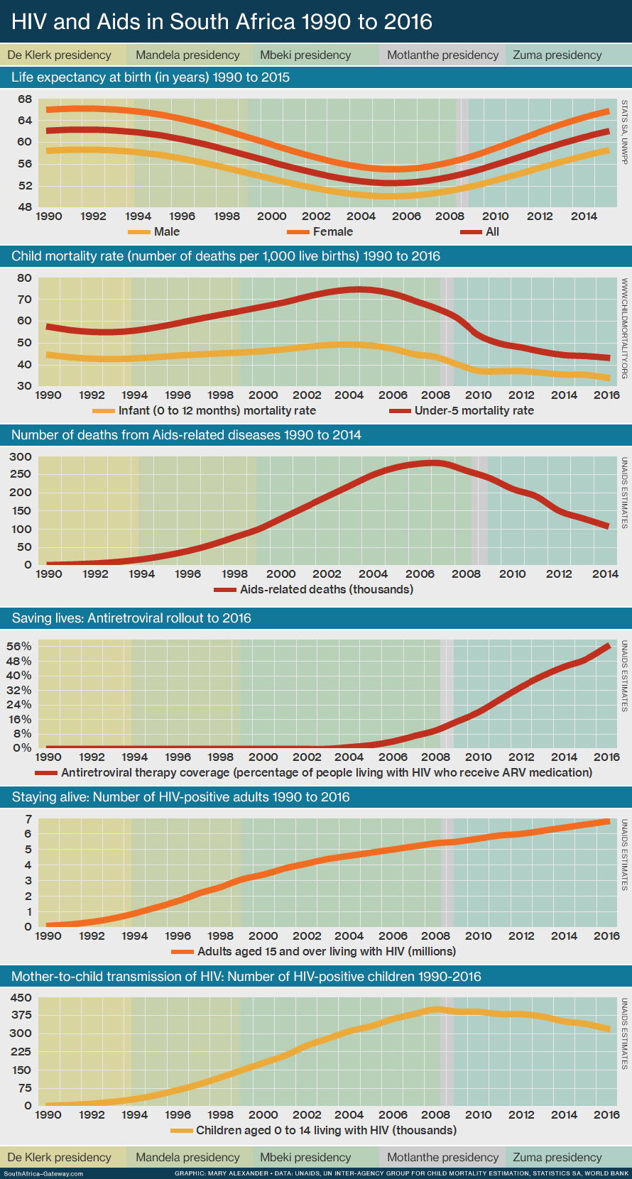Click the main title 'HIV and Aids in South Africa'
(x=222, y=21)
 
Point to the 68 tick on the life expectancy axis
(x=25, y=99)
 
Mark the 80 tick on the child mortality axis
(x=25, y=278)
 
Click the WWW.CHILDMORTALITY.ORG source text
(x=624, y=328)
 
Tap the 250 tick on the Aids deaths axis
(x=20, y=474)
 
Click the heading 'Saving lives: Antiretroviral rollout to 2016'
(x=131, y=618)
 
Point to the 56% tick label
(x=19, y=646)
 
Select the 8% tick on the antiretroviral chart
(x=22, y=733)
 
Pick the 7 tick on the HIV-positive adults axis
(x=28, y=818)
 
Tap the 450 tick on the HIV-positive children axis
(x=21, y=997)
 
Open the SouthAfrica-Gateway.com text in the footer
(x=43, y=1173)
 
